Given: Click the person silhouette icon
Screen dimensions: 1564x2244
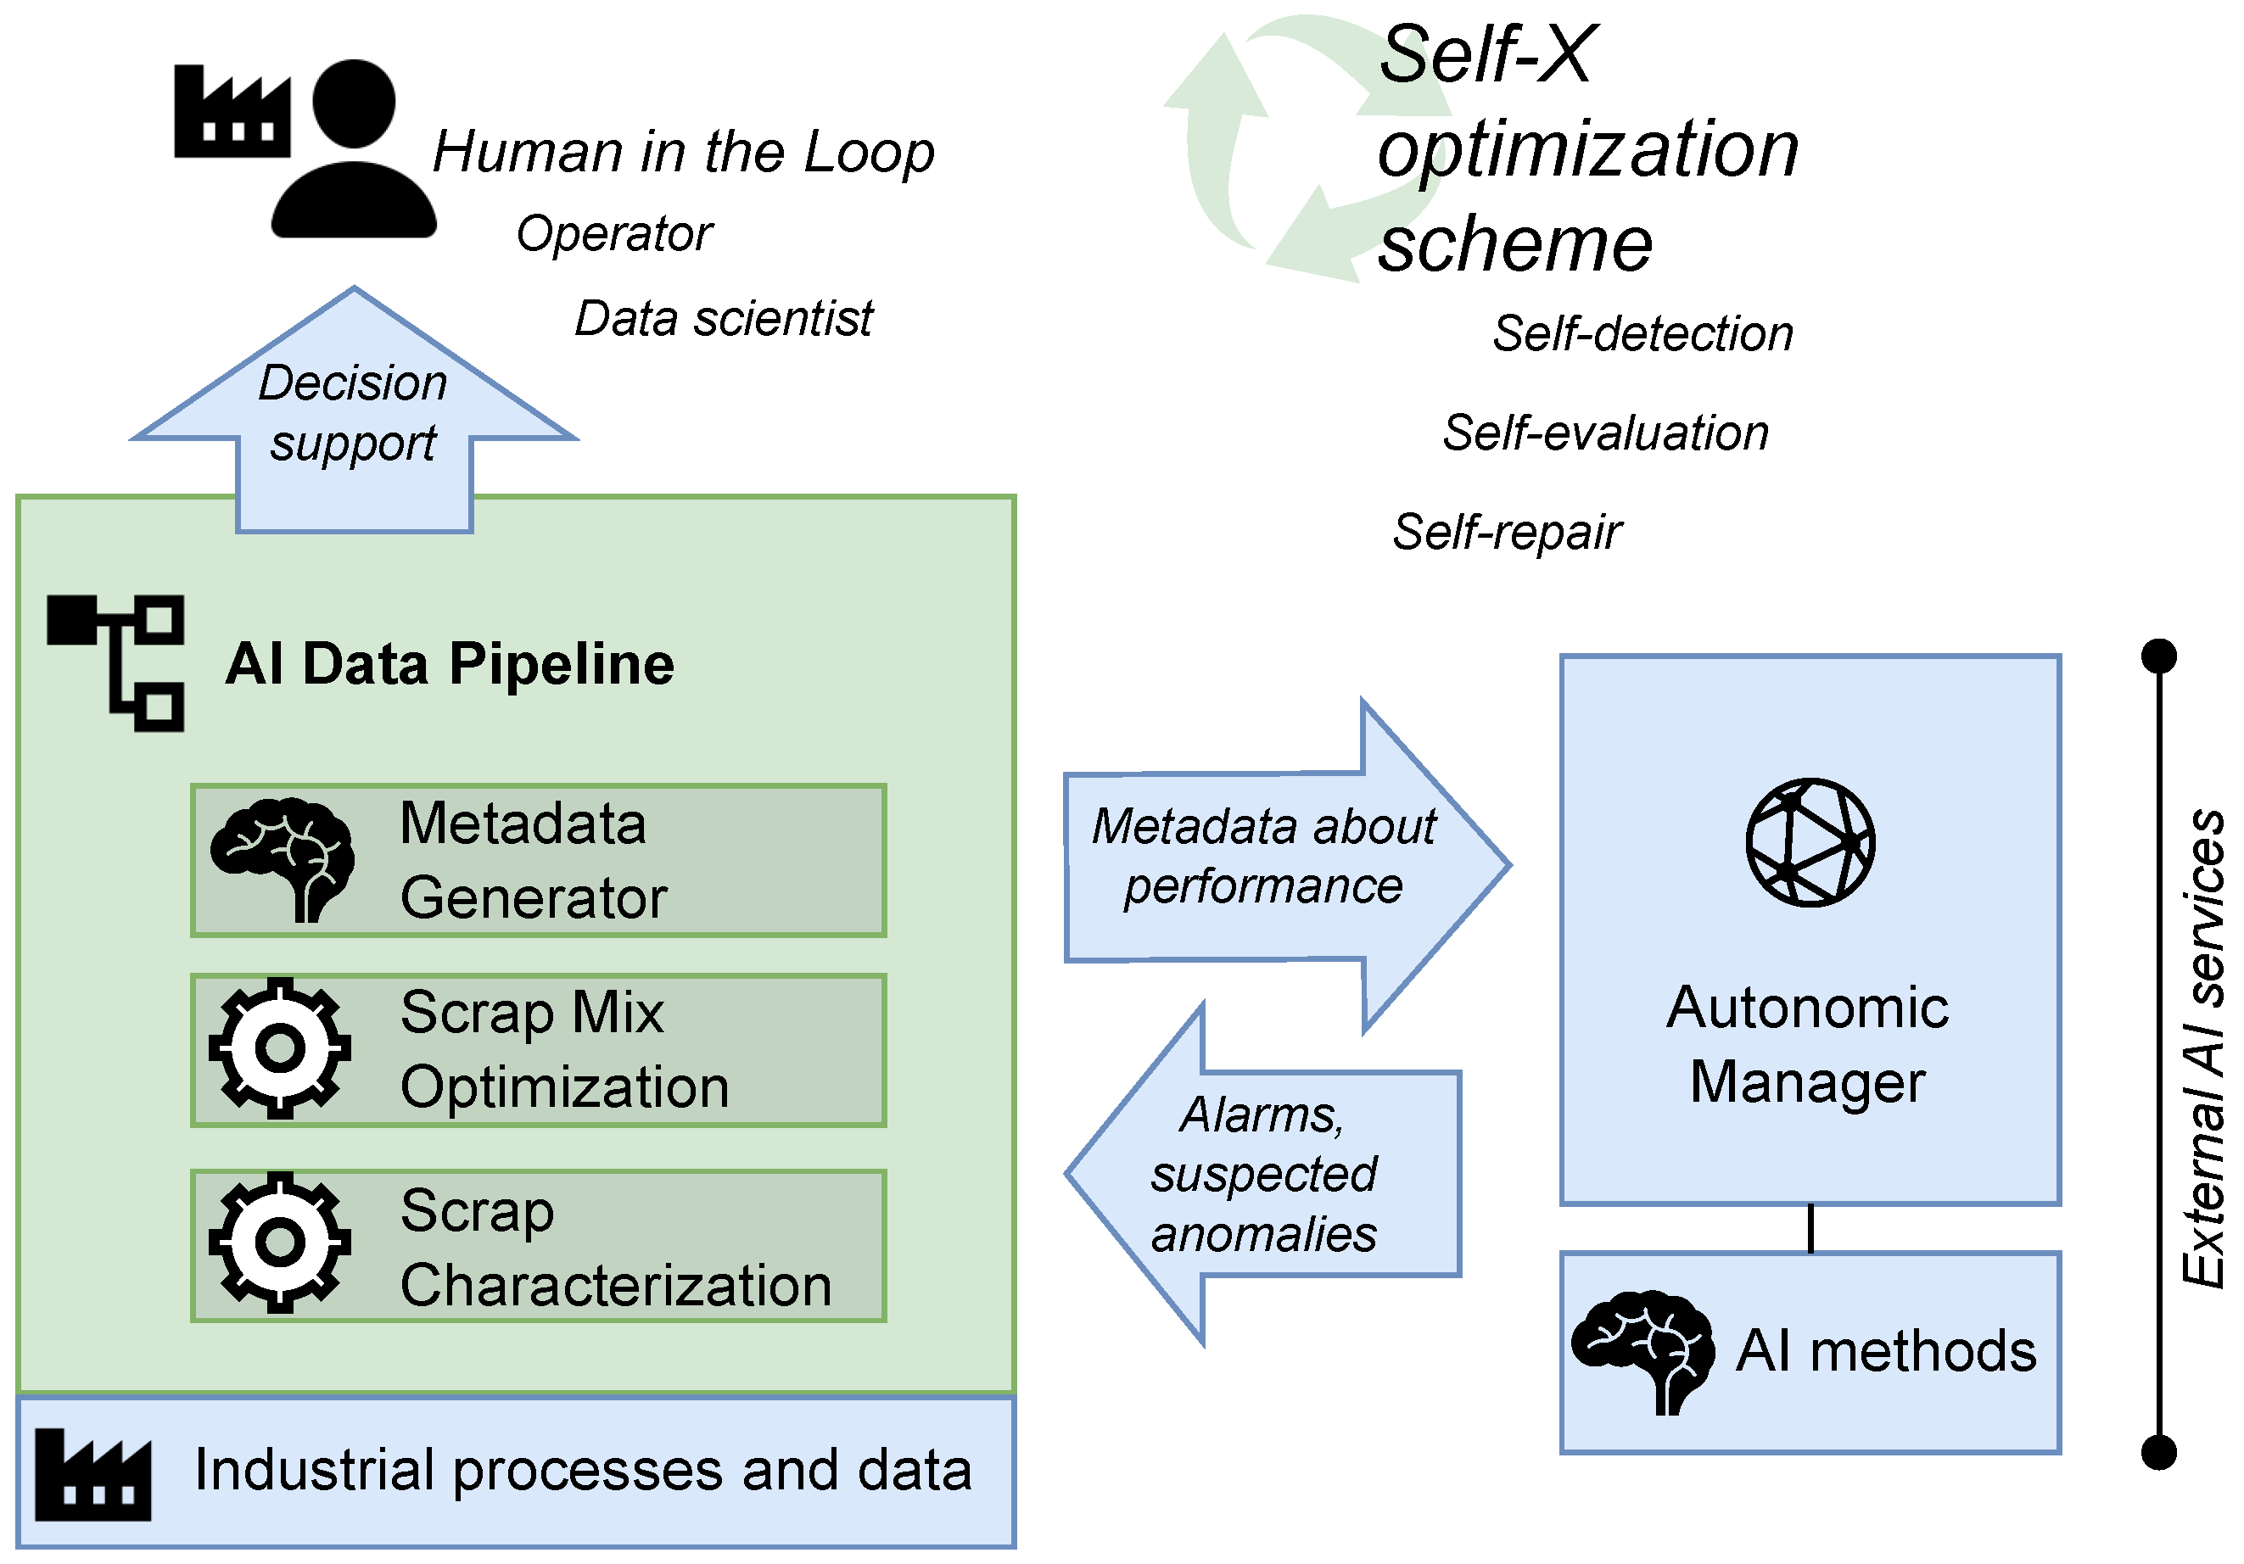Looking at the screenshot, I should [x=354, y=152].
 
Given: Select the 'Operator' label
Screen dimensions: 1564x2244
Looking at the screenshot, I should [x=613, y=234].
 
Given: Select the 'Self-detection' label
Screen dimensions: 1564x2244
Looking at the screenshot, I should [x=1642, y=334].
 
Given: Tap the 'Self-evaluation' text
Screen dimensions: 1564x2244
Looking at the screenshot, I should [x=1605, y=433].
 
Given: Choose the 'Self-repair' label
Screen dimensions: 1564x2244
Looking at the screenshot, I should [x=1505, y=533].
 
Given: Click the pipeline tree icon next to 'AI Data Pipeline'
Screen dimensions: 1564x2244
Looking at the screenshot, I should [x=116, y=663].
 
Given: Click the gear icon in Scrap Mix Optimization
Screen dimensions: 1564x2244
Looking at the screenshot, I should [x=279, y=1048].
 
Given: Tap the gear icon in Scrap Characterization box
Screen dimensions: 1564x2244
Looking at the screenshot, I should [x=279, y=1242].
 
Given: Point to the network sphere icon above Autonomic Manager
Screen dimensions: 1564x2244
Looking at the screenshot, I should [x=1810, y=842].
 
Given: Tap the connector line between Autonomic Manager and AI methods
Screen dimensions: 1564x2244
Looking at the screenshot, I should [x=1810, y=1228].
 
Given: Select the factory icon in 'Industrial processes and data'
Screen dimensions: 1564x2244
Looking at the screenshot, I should [x=92, y=1475].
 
